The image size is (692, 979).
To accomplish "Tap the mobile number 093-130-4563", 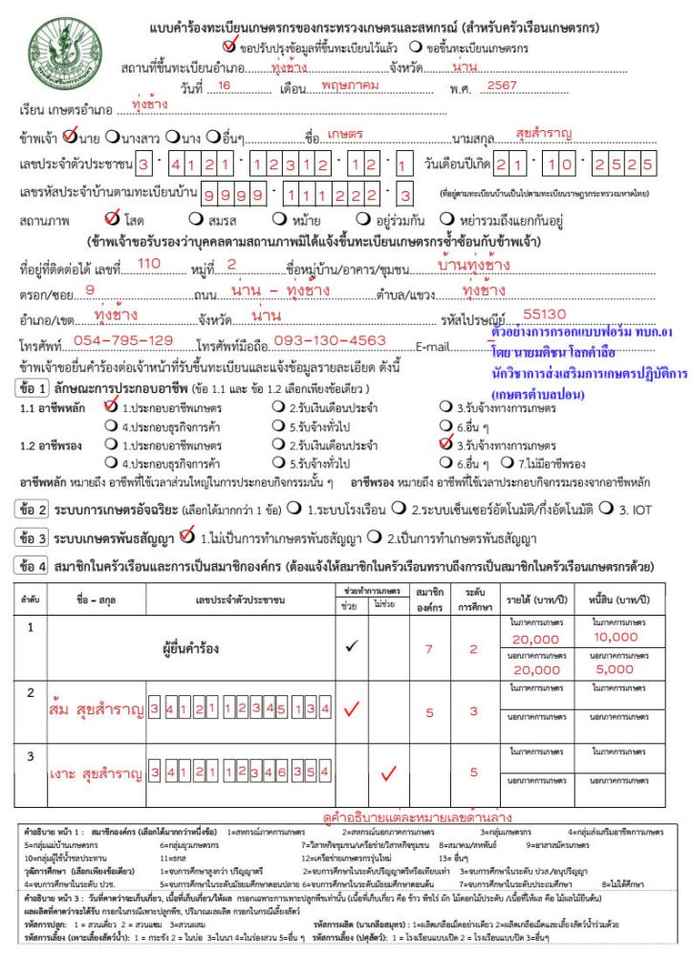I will click(330, 340).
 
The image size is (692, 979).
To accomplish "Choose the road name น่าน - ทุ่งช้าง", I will click(281, 289).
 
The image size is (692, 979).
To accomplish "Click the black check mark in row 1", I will click(351, 646).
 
